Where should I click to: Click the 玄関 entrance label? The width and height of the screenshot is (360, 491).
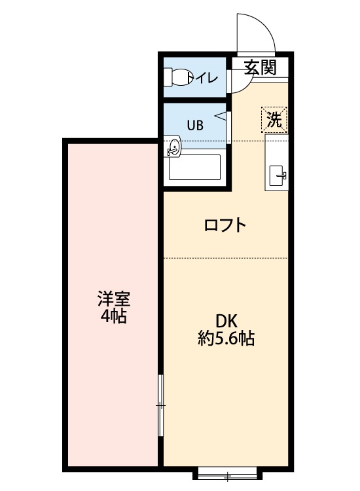(x=260, y=67)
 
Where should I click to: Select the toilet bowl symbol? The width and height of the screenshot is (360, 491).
(x=179, y=78)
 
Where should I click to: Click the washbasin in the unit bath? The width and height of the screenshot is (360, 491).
(x=174, y=148)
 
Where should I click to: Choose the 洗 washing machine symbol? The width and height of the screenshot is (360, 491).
(x=274, y=119)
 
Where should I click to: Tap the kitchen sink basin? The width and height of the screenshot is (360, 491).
(x=279, y=175)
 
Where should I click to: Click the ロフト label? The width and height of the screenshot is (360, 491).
(x=225, y=226)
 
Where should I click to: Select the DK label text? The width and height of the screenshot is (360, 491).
(x=226, y=321)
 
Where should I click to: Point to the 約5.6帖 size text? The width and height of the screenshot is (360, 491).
(x=226, y=338)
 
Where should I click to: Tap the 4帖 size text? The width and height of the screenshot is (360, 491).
(x=114, y=318)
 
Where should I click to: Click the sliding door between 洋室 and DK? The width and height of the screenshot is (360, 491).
(x=161, y=406)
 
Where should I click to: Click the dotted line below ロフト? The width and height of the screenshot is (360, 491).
(x=226, y=258)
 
